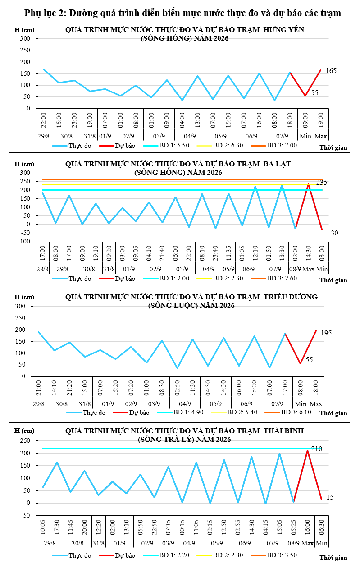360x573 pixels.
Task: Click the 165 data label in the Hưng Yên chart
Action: (331, 71)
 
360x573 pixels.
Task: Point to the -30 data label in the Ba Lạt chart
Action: (333, 233)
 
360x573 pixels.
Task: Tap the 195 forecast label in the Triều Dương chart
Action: (326, 333)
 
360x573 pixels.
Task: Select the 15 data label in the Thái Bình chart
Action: (330, 497)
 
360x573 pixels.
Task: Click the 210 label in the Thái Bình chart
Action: (317, 449)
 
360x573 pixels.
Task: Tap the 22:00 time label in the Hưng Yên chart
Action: (44, 120)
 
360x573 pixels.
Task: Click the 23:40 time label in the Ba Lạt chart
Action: (215, 253)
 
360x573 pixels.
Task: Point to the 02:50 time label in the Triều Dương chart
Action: (177, 388)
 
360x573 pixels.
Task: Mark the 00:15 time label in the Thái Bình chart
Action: (182, 527)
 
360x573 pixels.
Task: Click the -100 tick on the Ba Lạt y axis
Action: (24, 241)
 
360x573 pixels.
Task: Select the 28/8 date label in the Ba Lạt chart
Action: (42, 269)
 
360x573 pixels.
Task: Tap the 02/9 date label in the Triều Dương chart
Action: (131, 404)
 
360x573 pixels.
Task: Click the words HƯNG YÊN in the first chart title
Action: (283, 30)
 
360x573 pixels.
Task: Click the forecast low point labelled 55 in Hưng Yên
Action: (305, 96)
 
